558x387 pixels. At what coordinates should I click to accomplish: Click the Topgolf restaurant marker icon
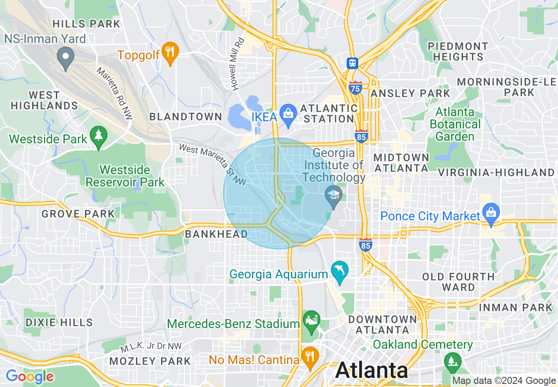pos(169,52)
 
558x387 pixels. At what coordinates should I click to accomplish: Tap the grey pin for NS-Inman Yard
pos(66,58)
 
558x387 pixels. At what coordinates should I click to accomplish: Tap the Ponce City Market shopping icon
pos(491,213)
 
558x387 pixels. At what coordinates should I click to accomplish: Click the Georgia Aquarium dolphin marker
pos(339,271)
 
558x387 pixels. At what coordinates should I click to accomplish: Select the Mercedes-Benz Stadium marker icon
pos(312,321)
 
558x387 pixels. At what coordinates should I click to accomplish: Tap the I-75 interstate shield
pos(356,88)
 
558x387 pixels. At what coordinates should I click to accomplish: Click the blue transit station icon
pos(352,63)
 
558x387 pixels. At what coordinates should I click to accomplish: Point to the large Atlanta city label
pos(371,370)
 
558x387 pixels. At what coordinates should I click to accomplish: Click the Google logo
pos(29,376)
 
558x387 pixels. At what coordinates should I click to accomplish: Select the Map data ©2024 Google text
pos(504,381)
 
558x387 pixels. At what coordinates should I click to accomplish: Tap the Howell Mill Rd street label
pos(239,64)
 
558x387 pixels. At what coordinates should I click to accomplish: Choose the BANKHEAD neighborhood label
pos(216,234)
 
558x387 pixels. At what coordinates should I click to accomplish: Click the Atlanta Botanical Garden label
pos(455,124)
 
